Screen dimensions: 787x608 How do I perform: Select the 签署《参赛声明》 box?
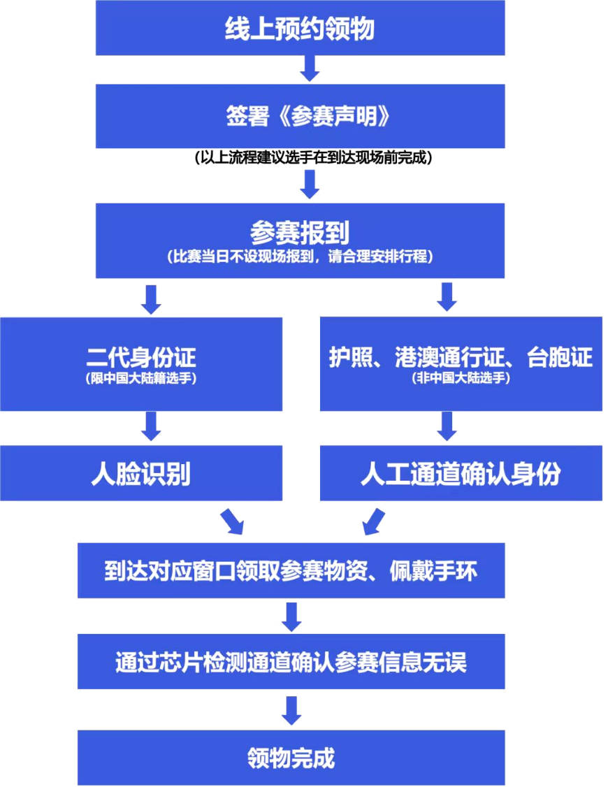(301, 116)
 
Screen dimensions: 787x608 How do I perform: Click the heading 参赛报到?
(301, 231)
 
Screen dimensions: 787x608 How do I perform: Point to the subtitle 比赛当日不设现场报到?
(301, 257)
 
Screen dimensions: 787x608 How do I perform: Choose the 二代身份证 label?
(142, 357)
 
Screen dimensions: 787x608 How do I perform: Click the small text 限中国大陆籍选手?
(142, 379)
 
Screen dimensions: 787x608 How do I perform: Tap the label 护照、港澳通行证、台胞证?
(461, 357)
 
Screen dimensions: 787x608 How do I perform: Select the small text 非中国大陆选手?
(461, 379)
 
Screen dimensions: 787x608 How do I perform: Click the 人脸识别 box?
(142, 474)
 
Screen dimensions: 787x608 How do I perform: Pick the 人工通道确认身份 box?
(461, 474)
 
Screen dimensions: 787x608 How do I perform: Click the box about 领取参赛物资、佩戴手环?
(291, 572)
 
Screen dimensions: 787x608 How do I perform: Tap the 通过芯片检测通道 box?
(291, 660)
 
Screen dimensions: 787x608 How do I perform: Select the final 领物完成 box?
(291, 757)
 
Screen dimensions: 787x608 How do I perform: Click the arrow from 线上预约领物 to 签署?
(308, 68)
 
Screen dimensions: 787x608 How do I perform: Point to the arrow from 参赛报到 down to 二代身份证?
(152, 298)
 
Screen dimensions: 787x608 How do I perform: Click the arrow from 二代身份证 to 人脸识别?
(152, 426)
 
